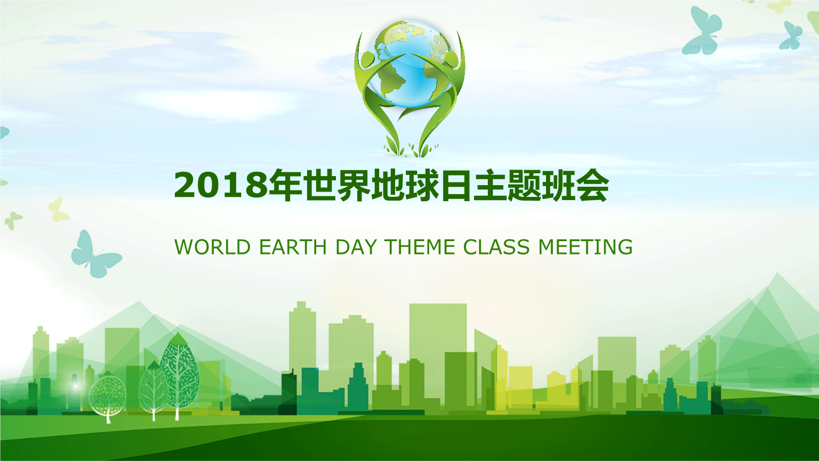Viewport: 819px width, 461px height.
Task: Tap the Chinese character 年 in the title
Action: click(285, 185)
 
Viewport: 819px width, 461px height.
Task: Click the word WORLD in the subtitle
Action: click(212, 247)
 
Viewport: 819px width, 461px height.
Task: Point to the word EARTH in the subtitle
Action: click(293, 247)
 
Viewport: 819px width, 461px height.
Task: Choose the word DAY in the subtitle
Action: click(356, 247)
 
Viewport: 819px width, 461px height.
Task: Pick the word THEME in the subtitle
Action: click(420, 247)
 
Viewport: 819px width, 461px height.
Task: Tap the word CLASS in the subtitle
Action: click(496, 247)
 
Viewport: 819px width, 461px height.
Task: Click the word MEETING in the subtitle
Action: click(585, 247)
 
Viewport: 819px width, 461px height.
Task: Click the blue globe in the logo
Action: click(409, 64)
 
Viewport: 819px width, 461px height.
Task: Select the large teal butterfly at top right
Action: click(702, 31)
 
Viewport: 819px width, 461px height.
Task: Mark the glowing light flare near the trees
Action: click(75, 385)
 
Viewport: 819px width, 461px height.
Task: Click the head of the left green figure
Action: click(367, 59)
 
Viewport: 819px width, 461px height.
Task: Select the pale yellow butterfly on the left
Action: click(58, 210)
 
